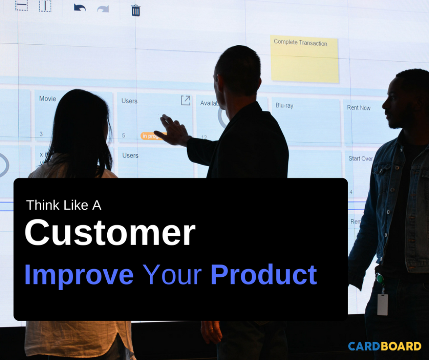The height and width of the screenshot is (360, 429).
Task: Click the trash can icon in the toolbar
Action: (x=136, y=10)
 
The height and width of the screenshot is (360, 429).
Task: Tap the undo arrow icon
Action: (x=80, y=8)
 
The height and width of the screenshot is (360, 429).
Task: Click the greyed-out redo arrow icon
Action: (x=103, y=8)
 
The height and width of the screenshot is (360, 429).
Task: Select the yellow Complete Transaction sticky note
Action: (x=304, y=59)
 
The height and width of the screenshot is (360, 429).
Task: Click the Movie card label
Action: (x=47, y=98)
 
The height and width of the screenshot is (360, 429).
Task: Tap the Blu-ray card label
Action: (x=284, y=106)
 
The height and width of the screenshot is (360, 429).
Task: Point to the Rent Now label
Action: (x=358, y=108)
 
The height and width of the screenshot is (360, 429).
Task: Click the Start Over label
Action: (x=360, y=159)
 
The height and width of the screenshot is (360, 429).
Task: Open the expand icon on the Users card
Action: (x=185, y=100)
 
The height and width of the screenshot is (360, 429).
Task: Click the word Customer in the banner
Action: (x=110, y=233)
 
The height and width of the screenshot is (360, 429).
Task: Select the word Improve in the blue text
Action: (x=79, y=275)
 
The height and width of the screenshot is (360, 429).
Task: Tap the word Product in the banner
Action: (x=264, y=275)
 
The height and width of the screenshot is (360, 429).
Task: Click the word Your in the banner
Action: (x=172, y=275)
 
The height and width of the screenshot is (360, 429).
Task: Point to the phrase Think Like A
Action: (x=63, y=205)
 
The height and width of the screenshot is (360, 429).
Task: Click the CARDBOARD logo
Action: (x=384, y=346)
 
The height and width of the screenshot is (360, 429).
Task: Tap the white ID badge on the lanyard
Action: (x=382, y=304)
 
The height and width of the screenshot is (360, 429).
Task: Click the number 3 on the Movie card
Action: (x=41, y=134)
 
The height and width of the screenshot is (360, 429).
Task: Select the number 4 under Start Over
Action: (x=351, y=192)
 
